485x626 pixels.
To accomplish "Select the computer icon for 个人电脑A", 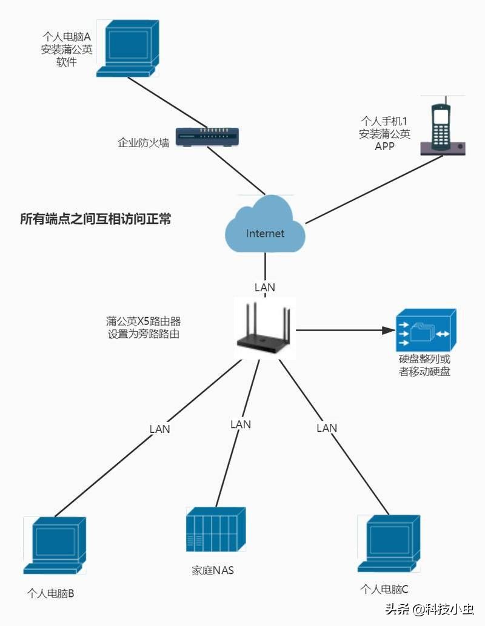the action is (x=128, y=48).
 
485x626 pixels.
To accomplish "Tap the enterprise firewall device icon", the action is (x=207, y=137).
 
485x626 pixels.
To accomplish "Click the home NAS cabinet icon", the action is (x=216, y=529).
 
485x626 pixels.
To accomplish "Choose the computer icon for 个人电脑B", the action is (x=55, y=545).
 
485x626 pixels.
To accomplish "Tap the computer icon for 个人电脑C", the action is (x=389, y=543).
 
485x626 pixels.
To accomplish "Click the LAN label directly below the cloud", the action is (x=265, y=288).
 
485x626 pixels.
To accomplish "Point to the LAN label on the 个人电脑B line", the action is (x=159, y=429).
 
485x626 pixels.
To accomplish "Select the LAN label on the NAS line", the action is (x=241, y=424).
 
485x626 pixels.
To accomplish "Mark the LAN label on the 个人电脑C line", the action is (x=327, y=428).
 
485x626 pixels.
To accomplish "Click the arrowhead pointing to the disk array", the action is (x=389, y=330).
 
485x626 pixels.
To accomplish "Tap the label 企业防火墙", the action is (x=143, y=142).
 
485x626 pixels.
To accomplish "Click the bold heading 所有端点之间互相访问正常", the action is (x=96, y=219).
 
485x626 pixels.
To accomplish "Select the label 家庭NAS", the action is (x=213, y=570).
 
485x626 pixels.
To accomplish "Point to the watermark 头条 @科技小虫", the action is (x=430, y=609).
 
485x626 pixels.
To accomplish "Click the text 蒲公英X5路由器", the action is (x=143, y=321).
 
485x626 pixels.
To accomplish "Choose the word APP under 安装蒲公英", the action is (x=384, y=146).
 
